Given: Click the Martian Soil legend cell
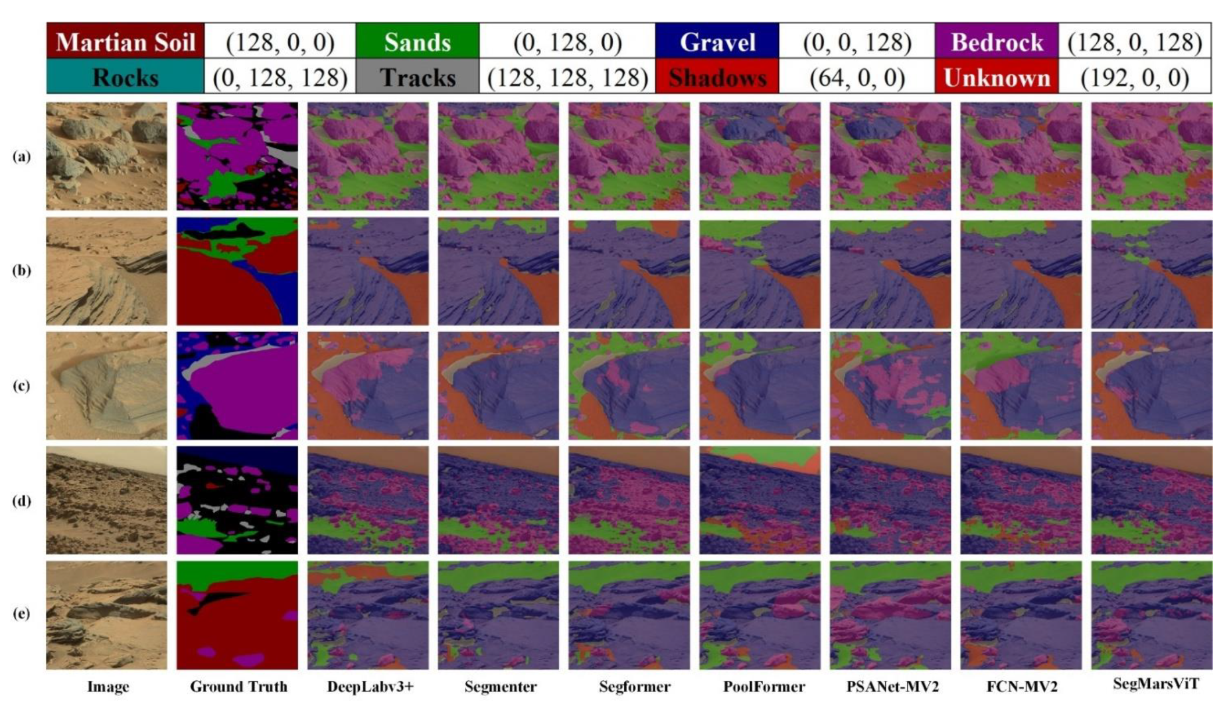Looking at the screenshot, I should point(125,41).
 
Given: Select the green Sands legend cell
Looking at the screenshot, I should point(417,41).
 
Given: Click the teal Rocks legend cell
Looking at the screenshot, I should point(125,77).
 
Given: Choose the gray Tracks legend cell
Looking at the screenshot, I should point(417,77).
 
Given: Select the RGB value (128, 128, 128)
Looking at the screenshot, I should point(567,77).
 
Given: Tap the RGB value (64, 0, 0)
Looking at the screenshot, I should point(857,77).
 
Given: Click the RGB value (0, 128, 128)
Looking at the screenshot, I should point(280,77).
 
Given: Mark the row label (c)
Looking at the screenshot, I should point(21,385).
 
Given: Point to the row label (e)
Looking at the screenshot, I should point(21,613).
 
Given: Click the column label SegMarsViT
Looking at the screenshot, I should point(1155,684).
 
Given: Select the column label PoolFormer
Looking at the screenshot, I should point(764,687).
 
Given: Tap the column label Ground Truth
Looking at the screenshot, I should point(238,687).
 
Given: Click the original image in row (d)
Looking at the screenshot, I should point(106,500).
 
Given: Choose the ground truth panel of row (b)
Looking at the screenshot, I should point(237,271).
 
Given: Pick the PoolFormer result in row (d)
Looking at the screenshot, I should point(760,500).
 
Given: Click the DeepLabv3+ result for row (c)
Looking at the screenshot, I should point(368,385).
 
